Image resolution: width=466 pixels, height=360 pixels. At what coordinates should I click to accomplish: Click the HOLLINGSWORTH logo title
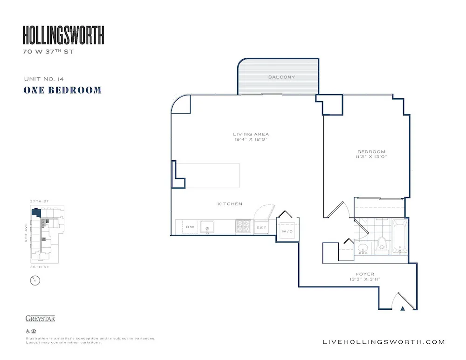pos(63,35)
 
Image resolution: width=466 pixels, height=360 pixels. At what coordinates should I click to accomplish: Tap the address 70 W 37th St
pos(48,52)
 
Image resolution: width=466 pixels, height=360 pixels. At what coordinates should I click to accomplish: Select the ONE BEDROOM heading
pos(62,90)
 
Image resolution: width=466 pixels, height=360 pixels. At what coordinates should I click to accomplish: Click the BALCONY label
pos(281,77)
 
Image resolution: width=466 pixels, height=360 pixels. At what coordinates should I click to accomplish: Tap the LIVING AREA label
pos(251,135)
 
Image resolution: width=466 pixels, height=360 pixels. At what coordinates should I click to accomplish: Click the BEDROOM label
pos(371,152)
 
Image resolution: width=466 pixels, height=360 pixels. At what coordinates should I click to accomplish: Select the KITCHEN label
pos(230,204)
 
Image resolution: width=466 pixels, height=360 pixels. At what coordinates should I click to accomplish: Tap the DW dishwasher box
pos(190,227)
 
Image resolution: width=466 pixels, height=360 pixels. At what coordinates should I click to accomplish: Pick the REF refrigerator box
pos(261,228)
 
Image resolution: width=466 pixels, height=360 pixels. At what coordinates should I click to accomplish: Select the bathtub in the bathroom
pos(400,237)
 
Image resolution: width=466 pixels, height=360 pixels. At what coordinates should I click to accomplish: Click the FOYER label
pos(364,274)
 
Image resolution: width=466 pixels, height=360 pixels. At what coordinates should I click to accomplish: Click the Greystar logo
pos(40,319)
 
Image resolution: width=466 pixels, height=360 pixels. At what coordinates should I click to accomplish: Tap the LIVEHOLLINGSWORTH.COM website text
pos(384,342)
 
